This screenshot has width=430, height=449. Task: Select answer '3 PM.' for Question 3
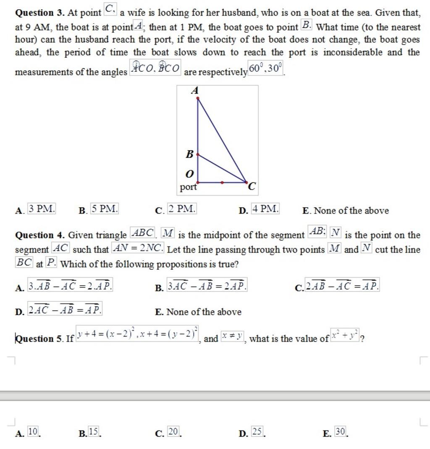pos(42,208)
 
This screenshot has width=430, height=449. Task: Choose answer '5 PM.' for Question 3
pos(105,208)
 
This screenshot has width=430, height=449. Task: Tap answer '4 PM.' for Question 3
pos(265,208)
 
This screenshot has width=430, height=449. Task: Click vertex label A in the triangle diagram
pos(194,91)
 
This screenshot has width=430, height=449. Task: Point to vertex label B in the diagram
pos(189,154)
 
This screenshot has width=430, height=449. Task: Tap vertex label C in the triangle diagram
pos(252,187)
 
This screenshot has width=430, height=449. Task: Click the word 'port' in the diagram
pos(188,187)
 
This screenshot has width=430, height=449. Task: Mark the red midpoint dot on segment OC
pos(222,183)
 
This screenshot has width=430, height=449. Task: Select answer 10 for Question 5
pos(34,431)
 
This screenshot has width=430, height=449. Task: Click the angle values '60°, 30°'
pos(266,69)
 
